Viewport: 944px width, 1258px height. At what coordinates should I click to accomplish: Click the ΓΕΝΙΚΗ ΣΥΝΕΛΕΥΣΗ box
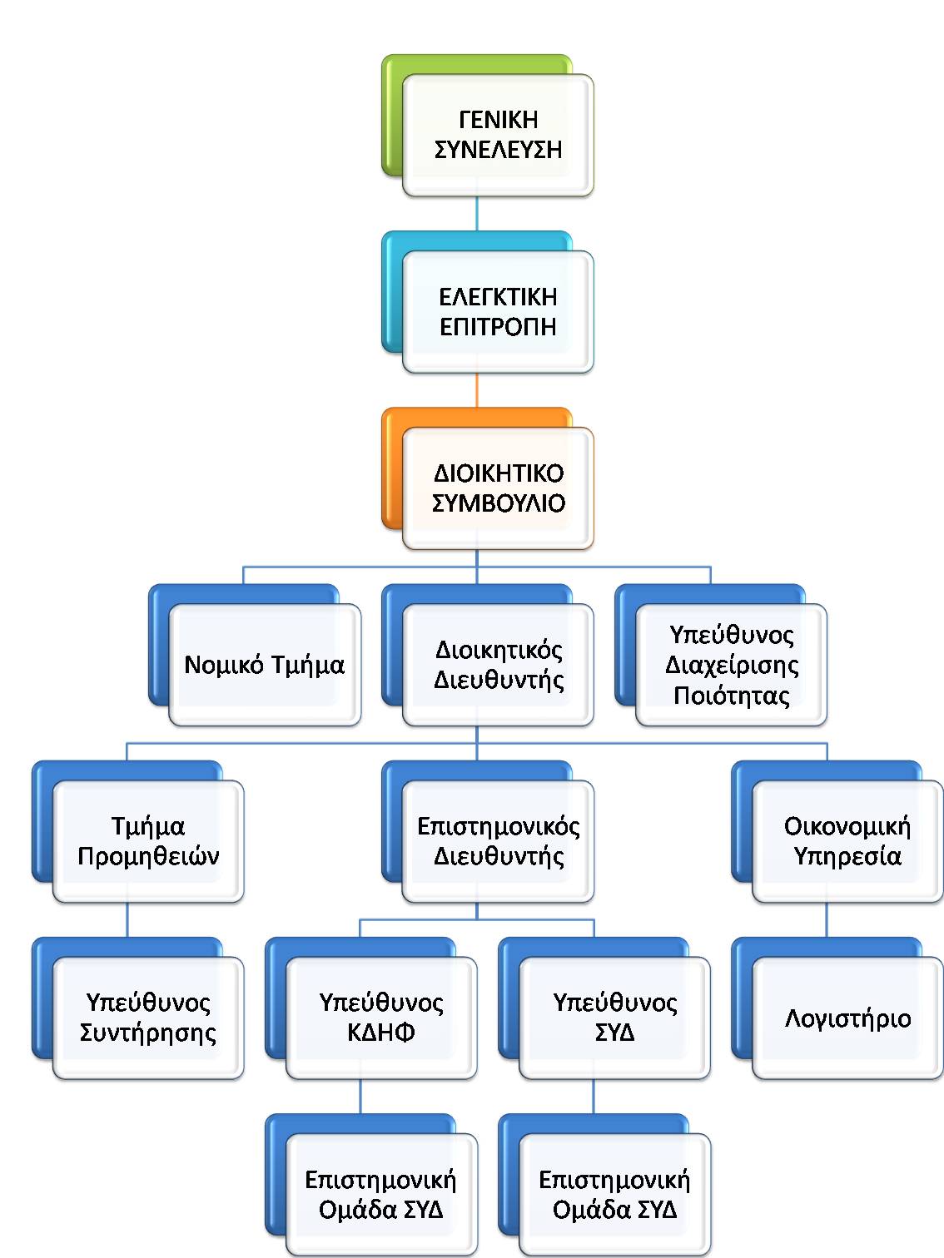(498, 136)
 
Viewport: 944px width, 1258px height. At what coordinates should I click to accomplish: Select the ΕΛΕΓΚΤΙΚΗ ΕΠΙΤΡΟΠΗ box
(498, 312)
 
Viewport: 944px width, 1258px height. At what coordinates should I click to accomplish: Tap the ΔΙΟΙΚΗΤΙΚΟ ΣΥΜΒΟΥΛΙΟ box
(498, 488)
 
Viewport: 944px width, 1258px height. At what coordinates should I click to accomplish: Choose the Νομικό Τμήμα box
(265, 665)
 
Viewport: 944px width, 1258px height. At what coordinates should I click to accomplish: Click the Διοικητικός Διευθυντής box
(498, 665)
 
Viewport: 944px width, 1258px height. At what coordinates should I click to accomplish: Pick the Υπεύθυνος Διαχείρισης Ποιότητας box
(731, 665)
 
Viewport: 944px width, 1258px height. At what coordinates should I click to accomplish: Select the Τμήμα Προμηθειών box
(148, 841)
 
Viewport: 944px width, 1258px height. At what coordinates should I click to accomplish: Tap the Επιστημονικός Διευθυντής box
(498, 841)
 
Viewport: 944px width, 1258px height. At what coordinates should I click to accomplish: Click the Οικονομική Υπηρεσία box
(847, 841)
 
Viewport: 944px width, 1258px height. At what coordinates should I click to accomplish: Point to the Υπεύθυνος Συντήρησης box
(148, 1018)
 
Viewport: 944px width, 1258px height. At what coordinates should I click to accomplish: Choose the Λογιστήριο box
(847, 1018)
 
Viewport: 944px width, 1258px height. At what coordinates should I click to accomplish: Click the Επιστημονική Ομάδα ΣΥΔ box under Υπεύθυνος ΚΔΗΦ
(381, 1194)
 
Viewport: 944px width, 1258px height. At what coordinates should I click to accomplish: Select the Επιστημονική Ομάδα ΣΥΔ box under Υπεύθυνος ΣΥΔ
(614, 1194)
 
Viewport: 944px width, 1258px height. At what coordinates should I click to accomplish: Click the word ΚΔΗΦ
(381, 1033)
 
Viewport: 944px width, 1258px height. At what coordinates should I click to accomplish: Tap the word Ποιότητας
(731, 695)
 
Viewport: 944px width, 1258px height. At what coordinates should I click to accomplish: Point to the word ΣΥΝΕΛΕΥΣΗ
(498, 151)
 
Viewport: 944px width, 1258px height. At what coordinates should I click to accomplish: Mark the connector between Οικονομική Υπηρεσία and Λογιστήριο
(827, 920)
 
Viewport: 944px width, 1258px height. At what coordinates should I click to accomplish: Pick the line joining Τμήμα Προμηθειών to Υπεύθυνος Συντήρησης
(127, 920)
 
